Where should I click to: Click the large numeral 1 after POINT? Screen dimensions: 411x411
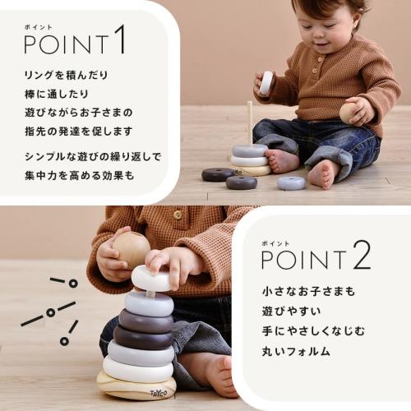[119, 40]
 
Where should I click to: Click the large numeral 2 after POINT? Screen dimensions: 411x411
[362, 257]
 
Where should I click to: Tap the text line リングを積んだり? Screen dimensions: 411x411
[66, 76]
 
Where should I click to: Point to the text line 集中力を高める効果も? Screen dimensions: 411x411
[78, 175]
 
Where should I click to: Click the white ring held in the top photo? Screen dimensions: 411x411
[266, 82]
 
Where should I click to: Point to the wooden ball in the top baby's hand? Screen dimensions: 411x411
[350, 113]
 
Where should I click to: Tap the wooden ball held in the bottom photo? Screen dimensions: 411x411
[132, 247]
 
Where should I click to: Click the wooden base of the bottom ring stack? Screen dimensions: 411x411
[136, 386]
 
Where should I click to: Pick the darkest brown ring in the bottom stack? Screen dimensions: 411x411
[141, 336]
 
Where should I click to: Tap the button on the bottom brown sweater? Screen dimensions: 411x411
[177, 215]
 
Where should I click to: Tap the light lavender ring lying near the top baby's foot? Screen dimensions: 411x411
[291, 182]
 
